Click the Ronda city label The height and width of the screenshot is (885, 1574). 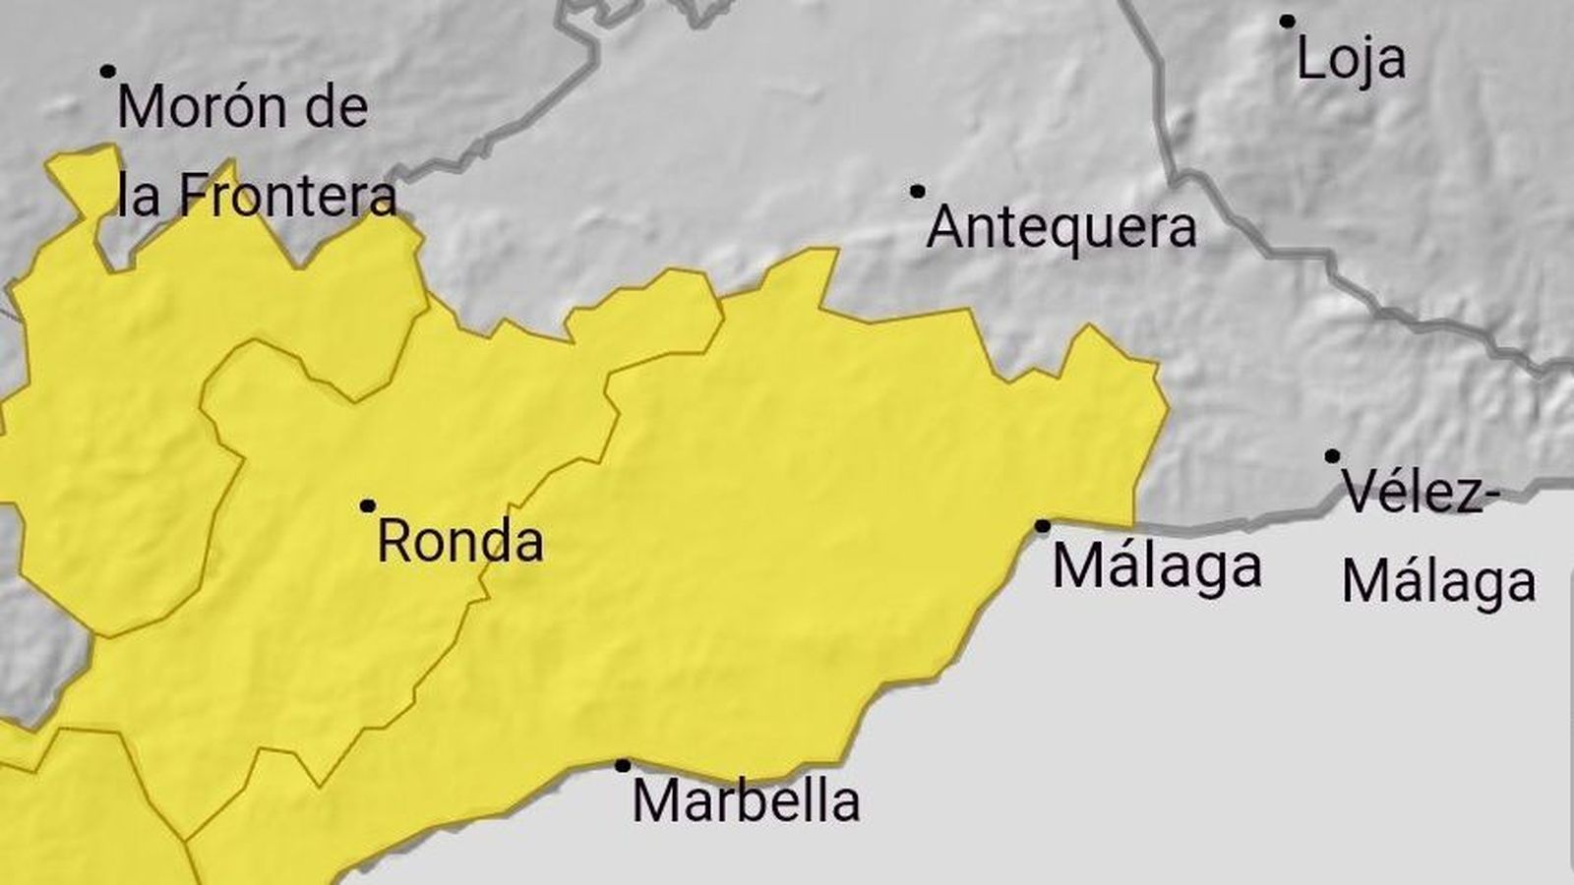(460, 542)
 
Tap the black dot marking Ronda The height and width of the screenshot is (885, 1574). (367, 506)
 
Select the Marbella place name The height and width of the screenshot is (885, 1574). (746, 801)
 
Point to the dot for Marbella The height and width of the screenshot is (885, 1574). (623, 765)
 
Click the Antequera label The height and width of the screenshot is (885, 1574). (1062, 228)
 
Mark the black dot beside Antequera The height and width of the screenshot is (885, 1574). (918, 191)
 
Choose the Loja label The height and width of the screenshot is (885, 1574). (1351, 59)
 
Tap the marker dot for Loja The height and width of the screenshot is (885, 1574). (1287, 21)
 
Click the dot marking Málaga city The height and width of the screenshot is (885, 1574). (1043, 526)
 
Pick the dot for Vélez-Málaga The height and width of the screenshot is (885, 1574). (1332, 456)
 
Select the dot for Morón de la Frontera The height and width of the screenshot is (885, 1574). (107, 71)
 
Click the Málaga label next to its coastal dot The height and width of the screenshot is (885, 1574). (1157, 567)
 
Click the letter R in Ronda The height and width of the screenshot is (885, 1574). (393, 542)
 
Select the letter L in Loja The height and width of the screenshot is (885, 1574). (1308, 59)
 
